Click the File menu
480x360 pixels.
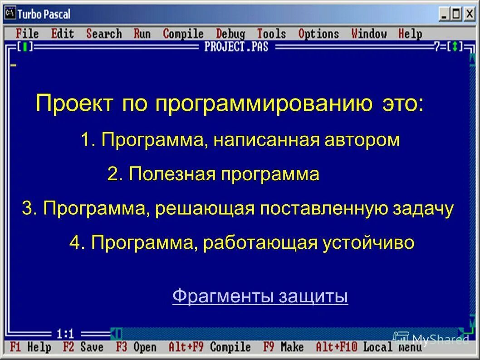[27, 34]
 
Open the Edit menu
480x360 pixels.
[62, 34]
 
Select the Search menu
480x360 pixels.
[104, 34]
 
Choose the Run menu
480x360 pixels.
[142, 34]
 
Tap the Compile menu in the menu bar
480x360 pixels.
[183, 34]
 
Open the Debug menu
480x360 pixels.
[230, 34]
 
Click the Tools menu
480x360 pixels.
[271, 34]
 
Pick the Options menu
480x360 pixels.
[318, 34]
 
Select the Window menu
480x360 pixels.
[369, 34]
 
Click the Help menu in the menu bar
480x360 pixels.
[410, 34]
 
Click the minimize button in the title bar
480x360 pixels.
[444, 15]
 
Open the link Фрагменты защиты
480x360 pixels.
[260, 296]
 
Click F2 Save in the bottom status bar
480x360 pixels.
[83, 347]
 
